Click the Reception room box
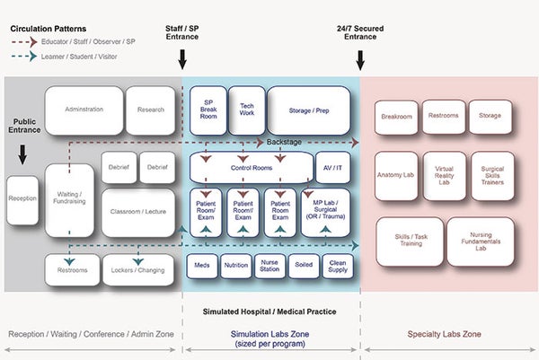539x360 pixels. pyautogui.click(x=22, y=197)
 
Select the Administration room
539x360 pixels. pyautogui.click(x=84, y=110)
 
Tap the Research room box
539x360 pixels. pyautogui.click(x=151, y=110)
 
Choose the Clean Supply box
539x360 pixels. pyautogui.click(x=337, y=266)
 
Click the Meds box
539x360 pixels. pyautogui.click(x=201, y=266)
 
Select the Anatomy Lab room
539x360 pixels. pyautogui.click(x=396, y=175)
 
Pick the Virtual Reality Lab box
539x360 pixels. pyautogui.click(x=445, y=175)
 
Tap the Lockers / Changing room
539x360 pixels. pyautogui.click(x=137, y=268)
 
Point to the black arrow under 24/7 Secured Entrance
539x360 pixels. pyautogui.click(x=361, y=60)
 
